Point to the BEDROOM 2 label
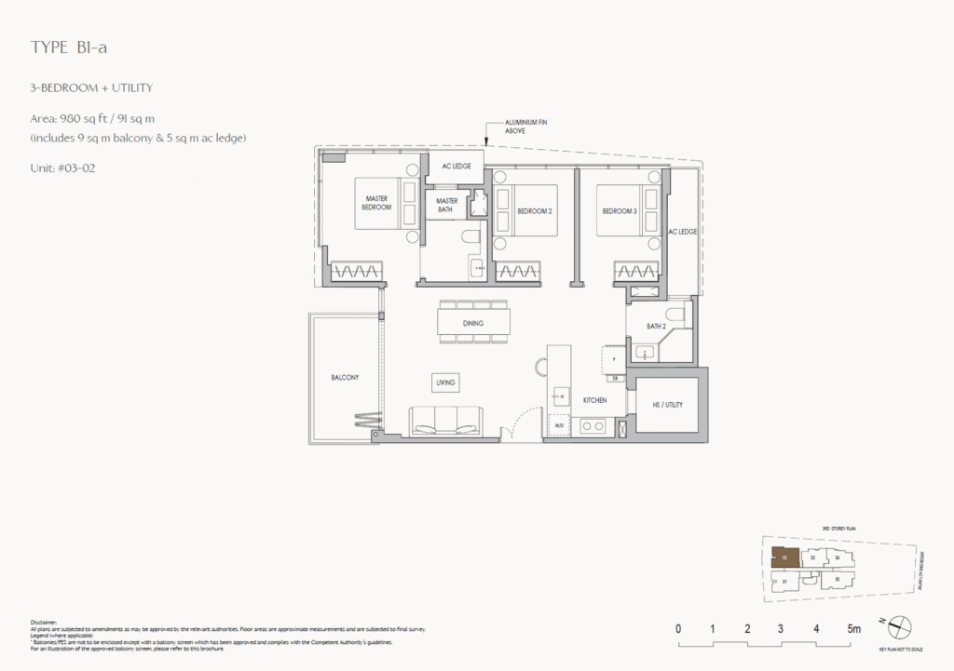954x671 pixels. pos(535,211)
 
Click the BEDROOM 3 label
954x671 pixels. pos(619,211)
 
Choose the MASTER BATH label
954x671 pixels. pos(446,205)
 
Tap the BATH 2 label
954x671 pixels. pos(657,326)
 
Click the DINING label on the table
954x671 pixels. pos(473,324)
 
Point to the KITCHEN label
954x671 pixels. pos(594,400)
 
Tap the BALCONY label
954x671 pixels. pos(345,378)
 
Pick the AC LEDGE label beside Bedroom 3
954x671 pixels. pos(682,231)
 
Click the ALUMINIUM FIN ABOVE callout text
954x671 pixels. pos(525,127)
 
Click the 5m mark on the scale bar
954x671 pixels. pos(852,629)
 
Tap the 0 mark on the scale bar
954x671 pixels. pos(678,629)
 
